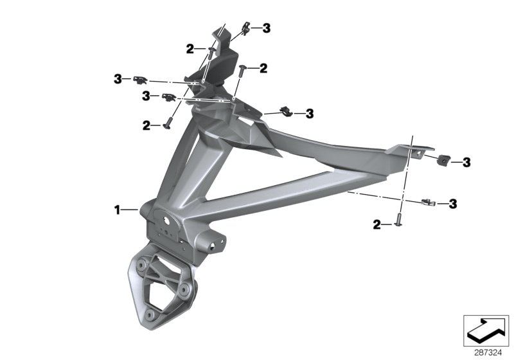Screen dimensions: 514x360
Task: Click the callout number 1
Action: click(117, 210)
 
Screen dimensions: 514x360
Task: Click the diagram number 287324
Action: click(488, 353)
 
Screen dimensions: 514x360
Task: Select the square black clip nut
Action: click(443, 160)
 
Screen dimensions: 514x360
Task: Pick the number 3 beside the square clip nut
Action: click(466, 162)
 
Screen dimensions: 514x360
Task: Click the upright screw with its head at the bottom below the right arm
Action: click(398, 219)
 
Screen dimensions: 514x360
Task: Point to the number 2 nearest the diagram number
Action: click(377, 225)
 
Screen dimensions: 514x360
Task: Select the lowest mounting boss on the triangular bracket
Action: click(150, 315)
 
